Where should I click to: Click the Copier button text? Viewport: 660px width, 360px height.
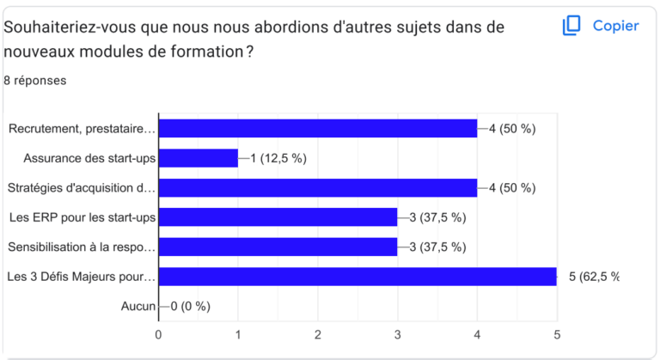[x=615, y=26]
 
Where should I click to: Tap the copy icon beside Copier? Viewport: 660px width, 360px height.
[x=571, y=26]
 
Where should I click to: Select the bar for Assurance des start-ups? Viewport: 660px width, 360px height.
[x=199, y=158]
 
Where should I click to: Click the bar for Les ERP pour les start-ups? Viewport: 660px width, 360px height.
[x=278, y=217]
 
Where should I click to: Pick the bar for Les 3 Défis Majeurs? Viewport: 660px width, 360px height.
[x=357, y=277]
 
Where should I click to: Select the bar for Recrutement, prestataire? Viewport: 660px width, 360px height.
[x=318, y=129]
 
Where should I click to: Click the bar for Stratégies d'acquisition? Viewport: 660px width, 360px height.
[x=318, y=188]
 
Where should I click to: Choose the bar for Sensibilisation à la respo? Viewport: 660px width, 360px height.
[x=278, y=247]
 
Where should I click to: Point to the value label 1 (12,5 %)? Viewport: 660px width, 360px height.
[x=278, y=158]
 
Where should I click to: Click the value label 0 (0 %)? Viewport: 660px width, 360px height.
[x=190, y=306]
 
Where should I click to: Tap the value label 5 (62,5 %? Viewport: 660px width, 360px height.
[x=593, y=277]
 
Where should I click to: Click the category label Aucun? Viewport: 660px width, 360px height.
[x=138, y=306]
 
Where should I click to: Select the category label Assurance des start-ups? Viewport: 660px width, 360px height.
[x=89, y=158]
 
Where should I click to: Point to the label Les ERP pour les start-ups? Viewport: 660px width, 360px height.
[x=82, y=217]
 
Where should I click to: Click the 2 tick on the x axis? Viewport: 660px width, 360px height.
[x=318, y=334]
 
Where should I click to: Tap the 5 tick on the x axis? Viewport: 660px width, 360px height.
[x=556, y=334]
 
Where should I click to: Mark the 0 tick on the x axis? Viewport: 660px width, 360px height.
[x=159, y=334]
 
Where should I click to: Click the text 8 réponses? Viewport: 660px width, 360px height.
[x=35, y=81]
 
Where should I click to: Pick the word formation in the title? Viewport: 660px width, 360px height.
[x=210, y=52]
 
